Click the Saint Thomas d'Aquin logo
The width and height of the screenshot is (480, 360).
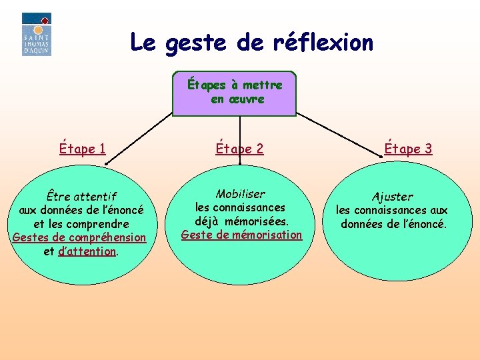click(36, 34)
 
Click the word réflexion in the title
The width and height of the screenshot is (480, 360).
click(323, 43)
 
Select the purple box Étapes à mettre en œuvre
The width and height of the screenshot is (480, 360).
click(234, 93)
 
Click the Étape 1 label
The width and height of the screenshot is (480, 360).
click(82, 149)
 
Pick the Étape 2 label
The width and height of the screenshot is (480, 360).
click(239, 149)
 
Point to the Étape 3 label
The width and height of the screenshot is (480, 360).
click(408, 149)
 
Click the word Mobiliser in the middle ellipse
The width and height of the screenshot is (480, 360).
click(240, 194)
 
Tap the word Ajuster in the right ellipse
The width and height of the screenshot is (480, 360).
click(392, 197)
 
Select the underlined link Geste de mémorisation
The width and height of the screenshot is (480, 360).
click(241, 235)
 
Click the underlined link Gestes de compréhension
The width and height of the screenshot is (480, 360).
click(79, 237)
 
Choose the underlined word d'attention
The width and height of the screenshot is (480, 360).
click(87, 251)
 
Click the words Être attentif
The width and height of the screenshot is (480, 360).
click(81, 197)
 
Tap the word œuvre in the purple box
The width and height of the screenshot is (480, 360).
click(246, 99)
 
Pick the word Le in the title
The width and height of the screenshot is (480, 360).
click(142, 43)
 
